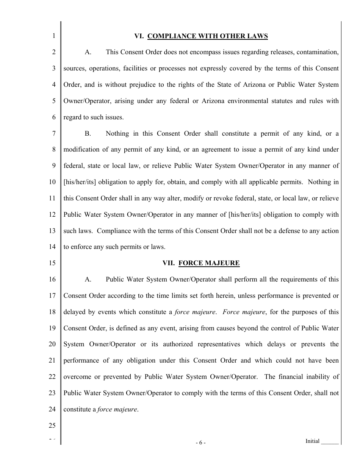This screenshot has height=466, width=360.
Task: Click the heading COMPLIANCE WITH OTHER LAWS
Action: click(x=207, y=36)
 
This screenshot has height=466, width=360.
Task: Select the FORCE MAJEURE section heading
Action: click(x=209, y=263)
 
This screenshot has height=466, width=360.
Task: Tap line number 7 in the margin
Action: click(x=53, y=133)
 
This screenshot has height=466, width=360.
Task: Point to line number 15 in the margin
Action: click(x=52, y=263)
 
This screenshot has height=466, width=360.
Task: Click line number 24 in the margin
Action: click(x=52, y=409)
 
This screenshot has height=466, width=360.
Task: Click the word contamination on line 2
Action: click(x=319, y=52)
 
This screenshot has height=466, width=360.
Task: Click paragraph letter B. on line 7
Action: click(x=88, y=133)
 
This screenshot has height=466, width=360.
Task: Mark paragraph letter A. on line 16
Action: click(x=88, y=280)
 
